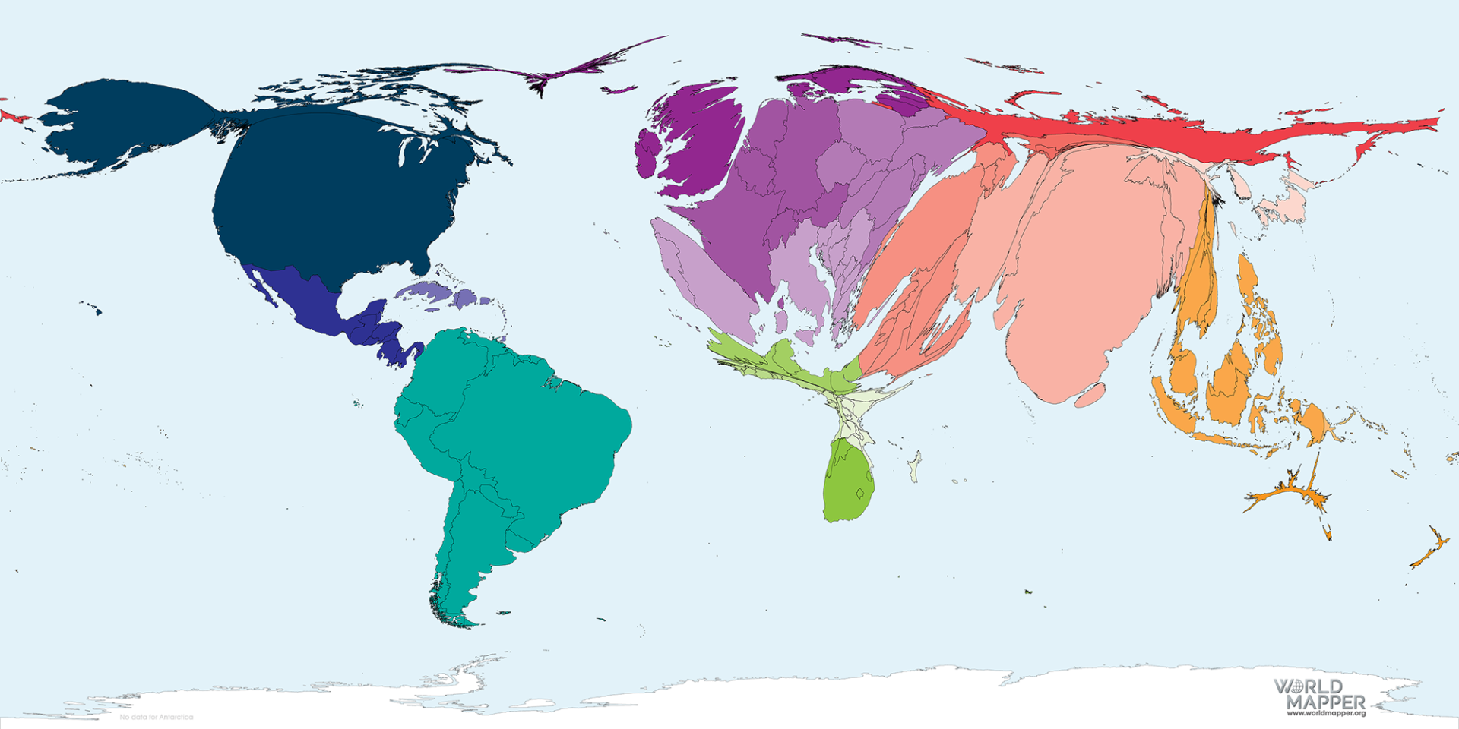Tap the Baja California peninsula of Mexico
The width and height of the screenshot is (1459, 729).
point(261,289)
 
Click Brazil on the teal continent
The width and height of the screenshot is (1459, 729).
point(532,425)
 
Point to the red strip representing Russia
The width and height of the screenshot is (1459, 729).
point(1140,137)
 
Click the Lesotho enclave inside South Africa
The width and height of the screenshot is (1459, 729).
point(860,494)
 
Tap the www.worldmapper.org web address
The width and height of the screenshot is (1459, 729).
point(1325,713)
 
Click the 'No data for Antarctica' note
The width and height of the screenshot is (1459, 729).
point(157,717)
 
